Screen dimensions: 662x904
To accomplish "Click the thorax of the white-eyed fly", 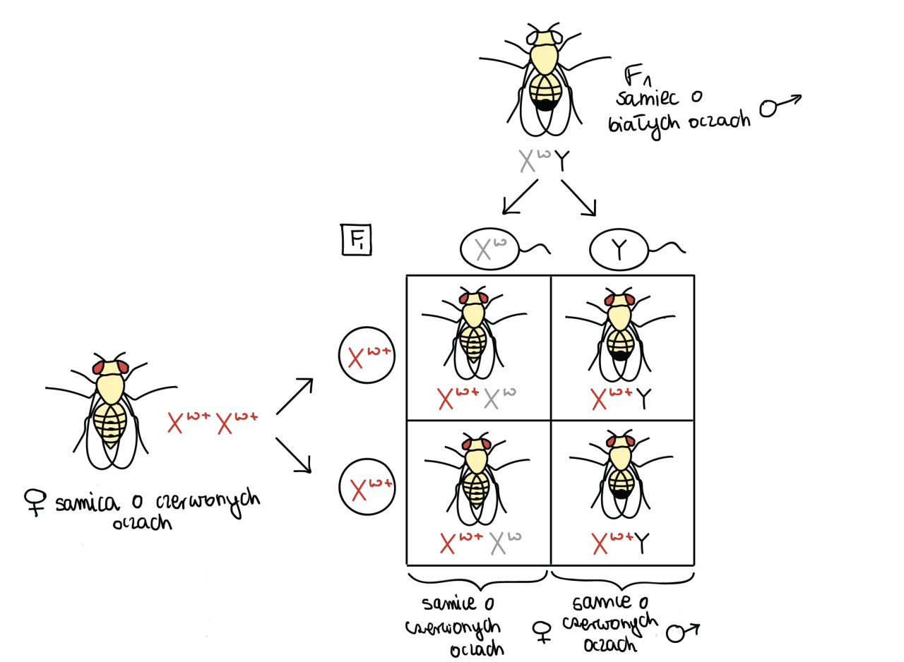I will (545, 59).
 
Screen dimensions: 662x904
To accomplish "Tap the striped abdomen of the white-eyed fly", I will (546, 88).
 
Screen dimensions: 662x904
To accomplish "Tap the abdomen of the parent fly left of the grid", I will (110, 424).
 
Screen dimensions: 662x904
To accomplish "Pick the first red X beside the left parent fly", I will (174, 423).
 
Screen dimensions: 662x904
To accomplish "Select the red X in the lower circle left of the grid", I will (359, 491).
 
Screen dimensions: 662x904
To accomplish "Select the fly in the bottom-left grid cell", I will (476, 471).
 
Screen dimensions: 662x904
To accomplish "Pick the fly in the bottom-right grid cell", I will (621, 466).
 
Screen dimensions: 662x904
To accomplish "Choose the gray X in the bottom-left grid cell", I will (497, 545).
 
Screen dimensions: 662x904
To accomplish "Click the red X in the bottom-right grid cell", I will (599, 544).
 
